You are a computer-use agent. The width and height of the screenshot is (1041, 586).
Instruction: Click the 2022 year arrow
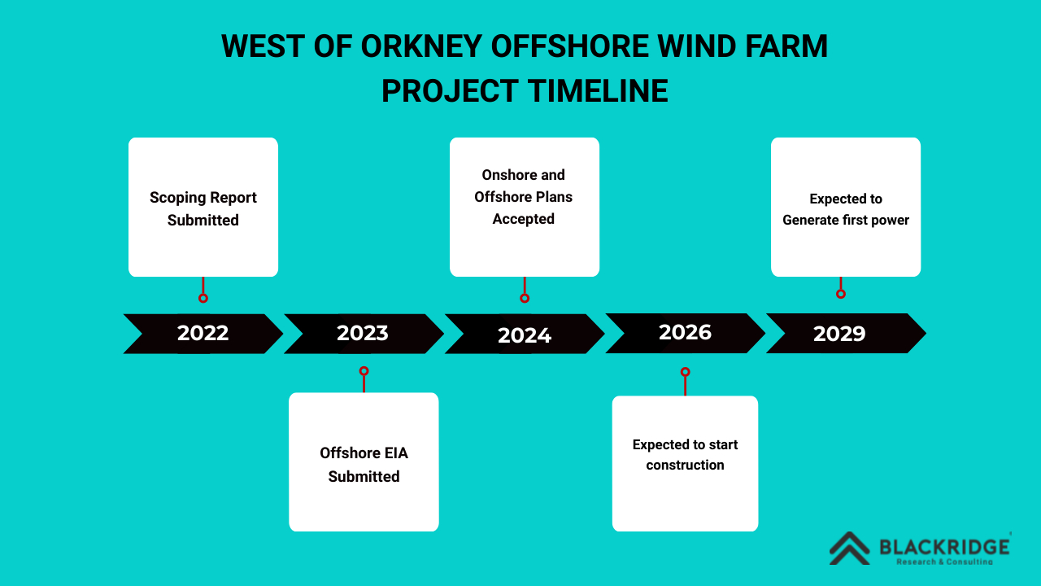tap(203, 334)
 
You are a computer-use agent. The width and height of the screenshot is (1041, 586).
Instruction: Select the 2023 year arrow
tap(363, 334)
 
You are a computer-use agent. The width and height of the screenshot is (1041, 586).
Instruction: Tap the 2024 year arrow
tap(525, 335)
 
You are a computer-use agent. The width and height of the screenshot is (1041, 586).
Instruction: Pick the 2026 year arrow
tap(685, 333)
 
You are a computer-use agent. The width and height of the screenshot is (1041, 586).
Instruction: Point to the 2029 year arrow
tap(839, 334)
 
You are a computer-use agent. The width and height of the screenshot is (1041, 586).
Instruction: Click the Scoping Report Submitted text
tap(203, 209)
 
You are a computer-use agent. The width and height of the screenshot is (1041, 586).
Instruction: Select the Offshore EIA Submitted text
tap(364, 465)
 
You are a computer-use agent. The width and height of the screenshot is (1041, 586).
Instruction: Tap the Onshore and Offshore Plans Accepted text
tap(524, 197)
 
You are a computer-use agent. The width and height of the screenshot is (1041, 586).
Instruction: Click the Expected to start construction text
tap(685, 455)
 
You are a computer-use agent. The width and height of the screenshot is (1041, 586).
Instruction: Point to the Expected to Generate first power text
tap(846, 209)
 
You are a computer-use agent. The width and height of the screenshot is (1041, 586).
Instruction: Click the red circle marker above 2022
tap(203, 298)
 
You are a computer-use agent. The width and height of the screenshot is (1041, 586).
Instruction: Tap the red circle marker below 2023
tap(364, 371)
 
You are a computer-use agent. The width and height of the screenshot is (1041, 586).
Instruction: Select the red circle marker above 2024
tap(525, 298)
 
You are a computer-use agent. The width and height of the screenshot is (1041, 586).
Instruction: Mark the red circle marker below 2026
tap(685, 372)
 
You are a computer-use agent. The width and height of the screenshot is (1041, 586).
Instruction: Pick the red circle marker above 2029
tap(841, 294)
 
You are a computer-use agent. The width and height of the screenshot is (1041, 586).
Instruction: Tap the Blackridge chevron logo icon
tap(849, 548)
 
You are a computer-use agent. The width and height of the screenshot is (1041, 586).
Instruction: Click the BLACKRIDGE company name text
tap(944, 546)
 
